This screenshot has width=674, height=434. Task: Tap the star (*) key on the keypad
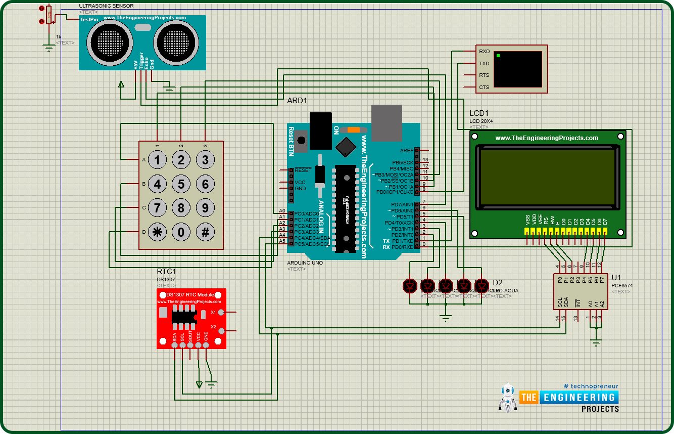point(158,232)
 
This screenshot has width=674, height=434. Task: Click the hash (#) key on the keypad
point(205,232)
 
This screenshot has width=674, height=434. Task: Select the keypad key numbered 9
point(205,208)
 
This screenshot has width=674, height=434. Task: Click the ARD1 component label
point(297,101)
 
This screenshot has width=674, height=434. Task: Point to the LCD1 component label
point(479,113)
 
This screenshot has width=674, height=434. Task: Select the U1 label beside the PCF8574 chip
point(616,278)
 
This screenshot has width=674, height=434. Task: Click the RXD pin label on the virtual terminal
point(484,52)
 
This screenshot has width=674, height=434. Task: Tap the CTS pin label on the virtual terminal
point(484,88)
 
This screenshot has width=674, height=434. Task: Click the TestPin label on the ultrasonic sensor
point(89,20)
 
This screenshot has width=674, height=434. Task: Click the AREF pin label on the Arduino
point(406,150)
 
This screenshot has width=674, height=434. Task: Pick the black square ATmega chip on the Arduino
point(346,146)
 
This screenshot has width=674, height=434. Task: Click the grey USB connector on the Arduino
point(387,122)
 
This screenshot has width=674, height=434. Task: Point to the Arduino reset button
point(302,140)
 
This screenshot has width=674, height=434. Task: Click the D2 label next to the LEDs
point(498,283)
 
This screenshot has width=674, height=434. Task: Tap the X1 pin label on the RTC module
point(213,312)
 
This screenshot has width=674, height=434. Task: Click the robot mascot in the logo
point(507,397)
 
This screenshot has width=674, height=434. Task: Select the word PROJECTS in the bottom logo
point(600,409)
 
